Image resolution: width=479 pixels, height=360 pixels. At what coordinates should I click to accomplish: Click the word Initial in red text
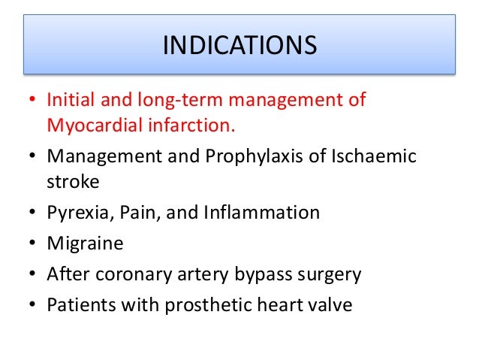[68, 100]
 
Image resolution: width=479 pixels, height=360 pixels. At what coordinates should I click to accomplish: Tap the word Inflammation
[261, 213]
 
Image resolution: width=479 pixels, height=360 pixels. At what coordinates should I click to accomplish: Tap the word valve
[327, 306]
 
